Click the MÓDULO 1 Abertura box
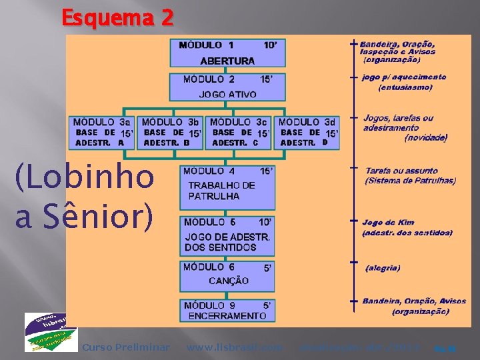(x=227, y=53)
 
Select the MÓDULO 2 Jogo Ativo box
(x=227, y=87)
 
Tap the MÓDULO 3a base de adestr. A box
(x=102, y=132)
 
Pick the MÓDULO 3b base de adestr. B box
(x=171, y=132)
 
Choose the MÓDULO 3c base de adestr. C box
(x=240, y=132)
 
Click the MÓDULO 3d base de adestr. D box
(x=308, y=132)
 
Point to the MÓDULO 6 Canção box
(x=227, y=275)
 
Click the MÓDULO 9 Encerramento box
(x=227, y=311)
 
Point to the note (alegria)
(x=383, y=268)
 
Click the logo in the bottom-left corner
(x=51, y=331)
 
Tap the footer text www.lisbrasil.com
(x=234, y=347)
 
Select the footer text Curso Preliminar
(x=125, y=347)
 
